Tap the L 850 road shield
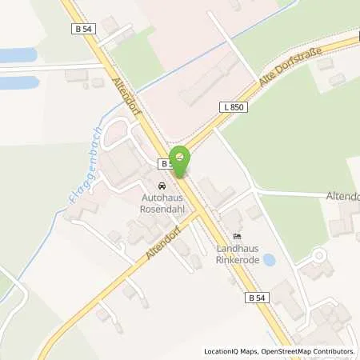tap(231, 106)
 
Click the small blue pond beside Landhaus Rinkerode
tap(270, 260)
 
